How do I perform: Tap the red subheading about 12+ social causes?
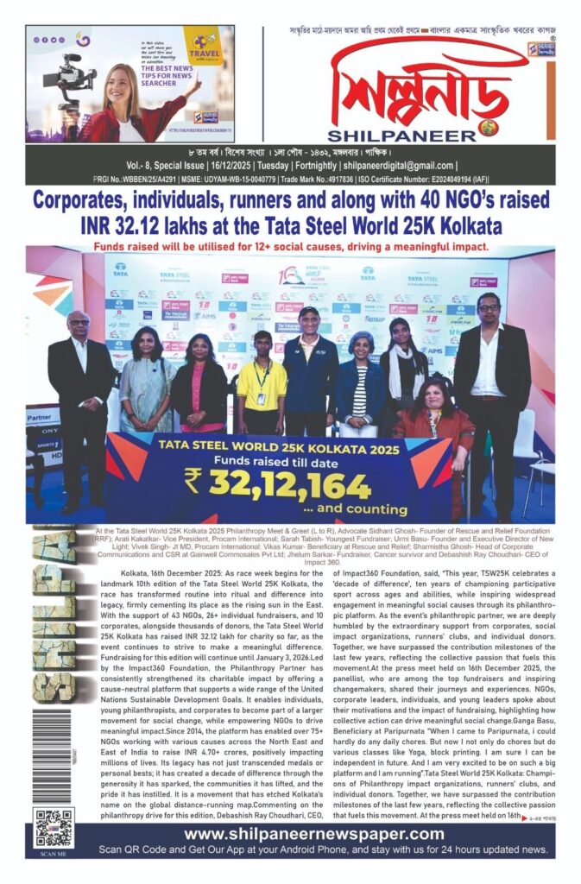(x=289, y=246)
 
